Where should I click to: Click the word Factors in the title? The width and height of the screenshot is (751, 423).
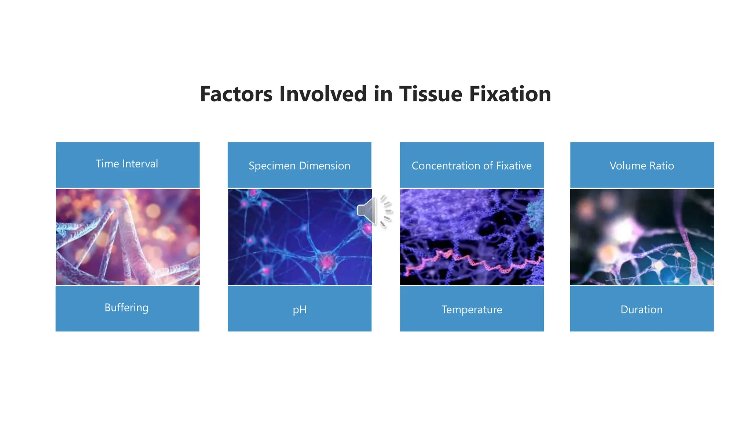coord(236,94)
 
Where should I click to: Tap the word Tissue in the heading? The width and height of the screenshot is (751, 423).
coord(431,94)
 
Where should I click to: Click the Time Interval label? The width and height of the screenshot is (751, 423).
coord(127,164)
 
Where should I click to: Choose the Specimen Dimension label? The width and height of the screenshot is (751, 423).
coord(299,166)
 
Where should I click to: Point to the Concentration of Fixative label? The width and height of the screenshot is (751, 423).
coord(472,166)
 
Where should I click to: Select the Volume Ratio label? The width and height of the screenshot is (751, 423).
coord(642,166)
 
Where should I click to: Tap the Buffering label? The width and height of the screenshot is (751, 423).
coord(127,308)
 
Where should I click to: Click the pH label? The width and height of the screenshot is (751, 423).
coord(300,310)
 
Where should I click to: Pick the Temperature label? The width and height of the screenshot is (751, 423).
coord(472,310)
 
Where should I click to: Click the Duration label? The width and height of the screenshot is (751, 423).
coord(641,310)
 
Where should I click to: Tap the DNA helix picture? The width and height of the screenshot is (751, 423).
coord(128,237)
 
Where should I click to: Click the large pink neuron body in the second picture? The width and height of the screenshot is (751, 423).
coord(326,262)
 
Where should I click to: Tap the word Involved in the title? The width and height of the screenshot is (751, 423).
coord(323,94)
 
